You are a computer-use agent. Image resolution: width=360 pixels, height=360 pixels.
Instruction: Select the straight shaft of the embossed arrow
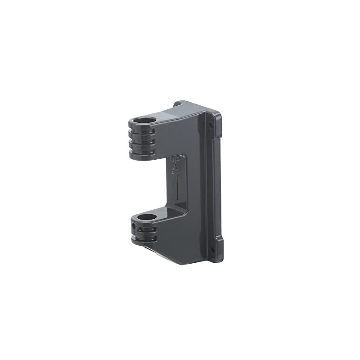176,187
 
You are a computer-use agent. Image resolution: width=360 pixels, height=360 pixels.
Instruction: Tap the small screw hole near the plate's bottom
213,250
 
